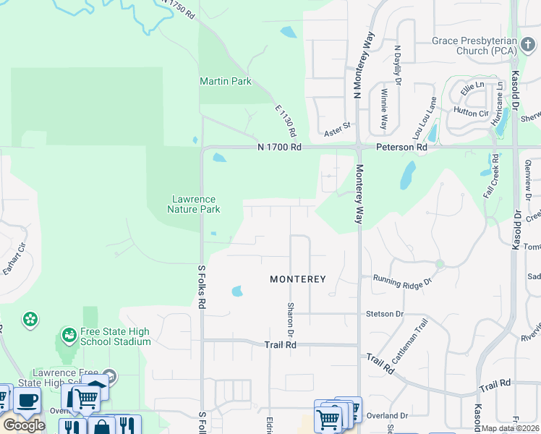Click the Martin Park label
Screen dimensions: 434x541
pos(226,81)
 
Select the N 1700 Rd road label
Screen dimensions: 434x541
pos(279,147)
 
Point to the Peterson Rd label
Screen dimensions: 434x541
pos(401,147)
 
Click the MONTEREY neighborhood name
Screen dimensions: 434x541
pos(298,278)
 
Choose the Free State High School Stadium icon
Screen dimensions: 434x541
pos(69,335)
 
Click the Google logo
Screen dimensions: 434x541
pos(24,425)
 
